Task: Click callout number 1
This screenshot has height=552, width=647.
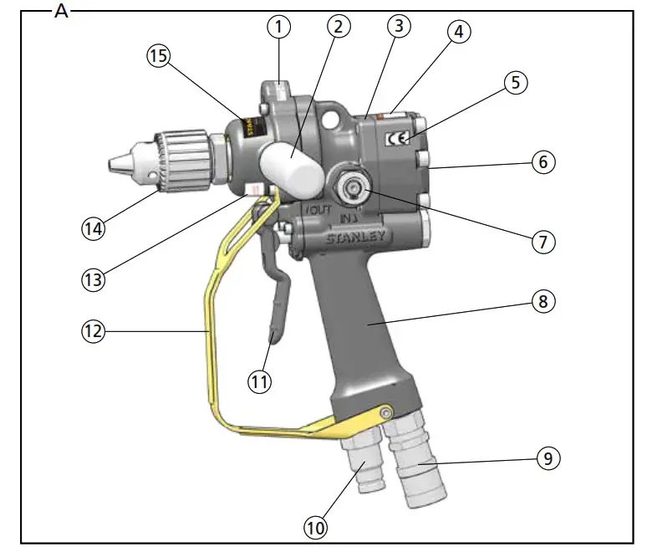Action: click(279, 27)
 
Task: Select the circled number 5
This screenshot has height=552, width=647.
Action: click(516, 83)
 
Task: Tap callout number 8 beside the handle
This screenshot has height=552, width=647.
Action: click(543, 301)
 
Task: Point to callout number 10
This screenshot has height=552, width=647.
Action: click(316, 528)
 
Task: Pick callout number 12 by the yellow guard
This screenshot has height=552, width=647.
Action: click(94, 331)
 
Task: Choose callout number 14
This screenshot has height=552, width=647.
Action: click(93, 227)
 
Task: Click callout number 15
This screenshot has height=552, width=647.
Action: click(158, 56)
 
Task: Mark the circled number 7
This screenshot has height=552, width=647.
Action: click(543, 242)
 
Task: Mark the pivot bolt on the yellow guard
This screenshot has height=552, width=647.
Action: click(385, 412)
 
